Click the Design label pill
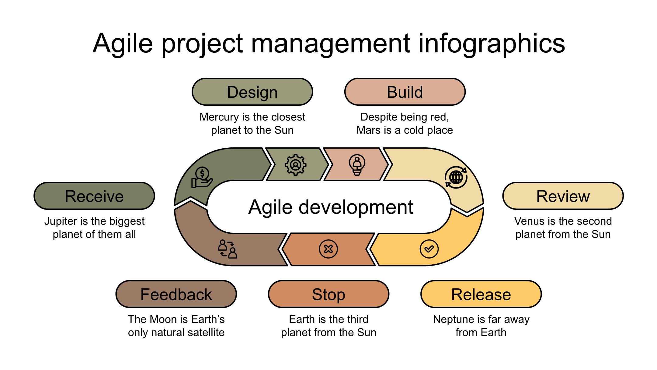point(252,92)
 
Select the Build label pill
point(405,92)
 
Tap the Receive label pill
point(94,196)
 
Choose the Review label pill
point(563,196)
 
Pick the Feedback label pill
point(176,294)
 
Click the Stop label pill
point(328,294)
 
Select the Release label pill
point(481,294)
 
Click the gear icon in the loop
point(295,165)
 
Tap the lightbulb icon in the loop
point(357,165)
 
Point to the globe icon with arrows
point(456,177)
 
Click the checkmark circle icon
point(429,249)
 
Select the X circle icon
point(328,249)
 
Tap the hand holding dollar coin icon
point(202,178)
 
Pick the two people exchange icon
point(228,249)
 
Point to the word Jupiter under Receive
point(61,221)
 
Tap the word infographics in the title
point(492,43)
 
